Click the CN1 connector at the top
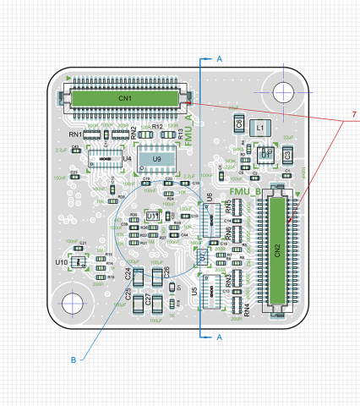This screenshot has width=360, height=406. pyautogui.click(x=125, y=98)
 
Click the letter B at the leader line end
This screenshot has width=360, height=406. pyautogui.click(x=74, y=359)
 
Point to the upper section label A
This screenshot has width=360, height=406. pyautogui.click(x=219, y=59)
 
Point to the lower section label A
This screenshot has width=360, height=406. pyautogui.click(x=219, y=337)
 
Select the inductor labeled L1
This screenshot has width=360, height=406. pyautogui.click(x=260, y=128)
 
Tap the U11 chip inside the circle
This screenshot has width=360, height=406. pyautogui.click(x=153, y=217)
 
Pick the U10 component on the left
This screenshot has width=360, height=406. pyautogui.click(x=62, y=263)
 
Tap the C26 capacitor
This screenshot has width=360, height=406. pyautogui.click(x=166, y=272)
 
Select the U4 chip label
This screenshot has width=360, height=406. pyautogui.click(x=127, y=158)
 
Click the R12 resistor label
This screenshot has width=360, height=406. pyautogui.click(x=157, y=126)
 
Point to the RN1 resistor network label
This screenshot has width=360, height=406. pyautogui.click(x=75, y=134)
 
